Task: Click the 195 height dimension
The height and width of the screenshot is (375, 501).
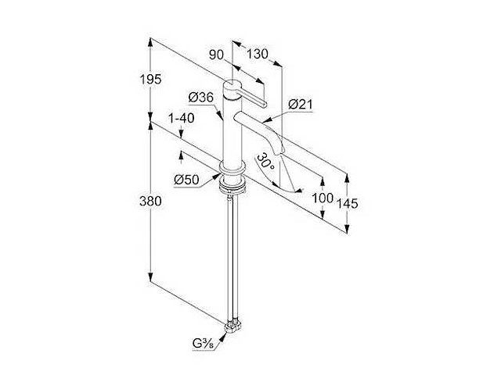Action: pyautogui.click(x=151, y=79)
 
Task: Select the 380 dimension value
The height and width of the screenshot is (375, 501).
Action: pyautogui.click(x=150, y=202)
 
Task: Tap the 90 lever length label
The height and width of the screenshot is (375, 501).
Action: pyautogui.click(x=216, y=55)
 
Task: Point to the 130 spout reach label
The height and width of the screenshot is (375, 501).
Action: pyautogui.click(x=258, y=54)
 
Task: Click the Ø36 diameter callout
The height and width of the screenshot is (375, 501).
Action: pyautogui.click(x=200, y=97)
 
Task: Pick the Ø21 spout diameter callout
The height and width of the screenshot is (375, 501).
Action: pyautogui.click(x=301, y=104)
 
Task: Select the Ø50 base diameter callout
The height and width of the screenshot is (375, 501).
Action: pyautogui.click(x=186, y=180)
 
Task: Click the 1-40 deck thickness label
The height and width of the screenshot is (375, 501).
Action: pyautogui.click(x=181, y=118)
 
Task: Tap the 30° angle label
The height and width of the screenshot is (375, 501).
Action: pyautogui.click(x=266, y=162)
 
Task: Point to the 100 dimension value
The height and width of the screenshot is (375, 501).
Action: pyautogui.click(x=323, y=198)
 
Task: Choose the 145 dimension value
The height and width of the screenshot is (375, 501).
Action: pyautogui.click(x=348, y=203)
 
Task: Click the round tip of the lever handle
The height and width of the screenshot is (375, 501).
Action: pyautogui.click(x=264, y=103)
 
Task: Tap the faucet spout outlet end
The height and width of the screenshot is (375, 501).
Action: pyautogui.click(x=279, y=150)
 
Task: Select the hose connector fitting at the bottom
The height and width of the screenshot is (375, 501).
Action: pyautogui.click(x=232, y=327)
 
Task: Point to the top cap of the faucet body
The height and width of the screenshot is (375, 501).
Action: pyautogui.click(x=232, y=84)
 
